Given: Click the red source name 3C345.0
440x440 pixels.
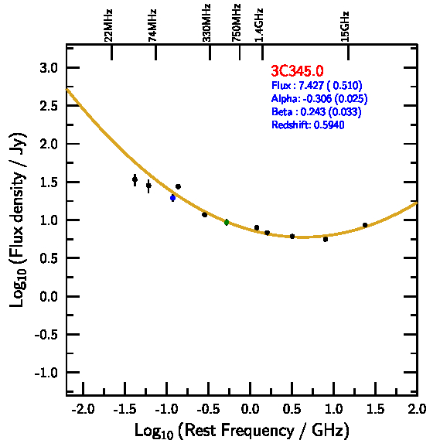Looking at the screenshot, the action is tap(297, 70).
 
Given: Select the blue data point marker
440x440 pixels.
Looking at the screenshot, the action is tap(173, 198).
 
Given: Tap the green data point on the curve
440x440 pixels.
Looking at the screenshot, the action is tap(227, 223).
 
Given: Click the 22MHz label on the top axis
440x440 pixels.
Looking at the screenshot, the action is tap(108, 26).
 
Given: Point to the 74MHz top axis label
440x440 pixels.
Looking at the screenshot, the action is tap(152, 26).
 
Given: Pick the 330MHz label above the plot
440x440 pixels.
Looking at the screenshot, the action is tap(206, 23).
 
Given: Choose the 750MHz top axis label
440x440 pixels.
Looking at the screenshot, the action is tap(237, 23).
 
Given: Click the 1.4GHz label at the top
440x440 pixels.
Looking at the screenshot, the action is tap(259, 26).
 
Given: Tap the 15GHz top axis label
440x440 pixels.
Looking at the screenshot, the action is tap(345, 26).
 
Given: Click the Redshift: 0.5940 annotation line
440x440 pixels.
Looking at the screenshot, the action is tap(308, 124).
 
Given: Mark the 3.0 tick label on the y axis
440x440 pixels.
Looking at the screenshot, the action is tap(49, 68).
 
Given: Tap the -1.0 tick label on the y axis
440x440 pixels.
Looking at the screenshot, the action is tap(46, 373).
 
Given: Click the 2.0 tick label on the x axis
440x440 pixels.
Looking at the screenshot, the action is tap(417, 409).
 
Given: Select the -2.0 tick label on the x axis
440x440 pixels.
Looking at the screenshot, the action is tap(83, 409).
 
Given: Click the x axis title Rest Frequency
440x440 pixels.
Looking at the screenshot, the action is tap(242, 430).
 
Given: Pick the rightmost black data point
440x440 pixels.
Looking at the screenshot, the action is tap(365, 225).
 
